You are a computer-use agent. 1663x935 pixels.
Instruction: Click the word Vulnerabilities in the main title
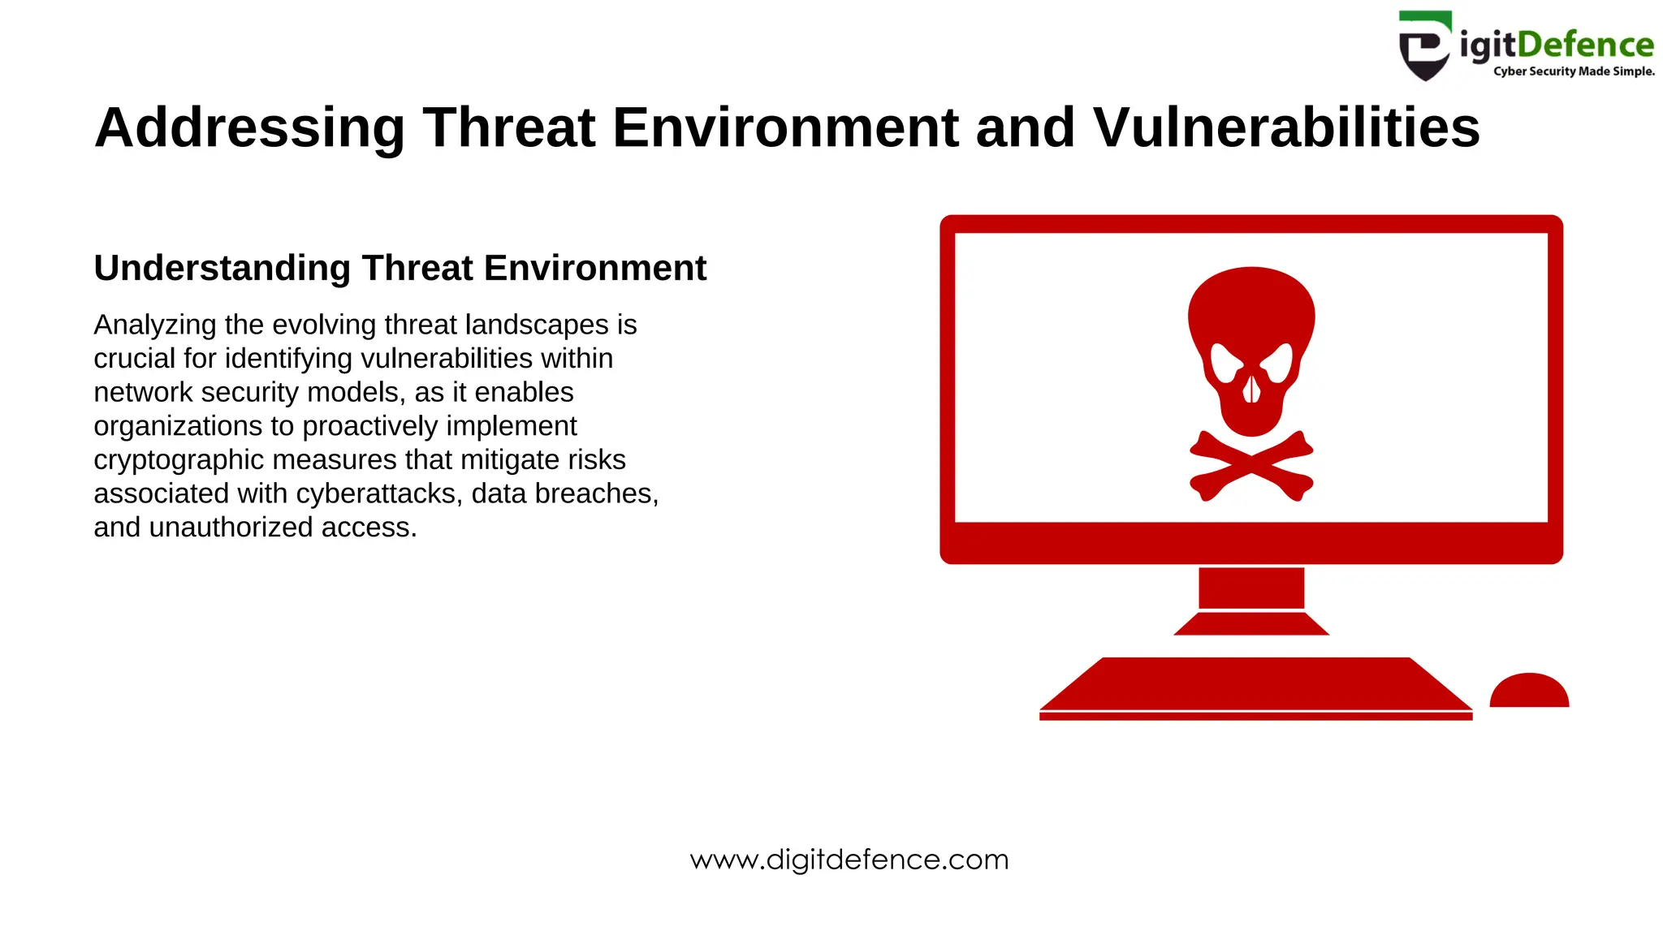pyautogui.click(x=1286, y=128)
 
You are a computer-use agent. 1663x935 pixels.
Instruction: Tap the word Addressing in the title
pyautogui.click(x=249, y=128)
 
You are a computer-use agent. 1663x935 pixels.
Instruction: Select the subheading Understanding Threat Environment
pyautogui.click(x=400, y=268)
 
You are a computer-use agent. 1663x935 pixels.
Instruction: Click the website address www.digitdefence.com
pyautogui.click(x=849, y=860)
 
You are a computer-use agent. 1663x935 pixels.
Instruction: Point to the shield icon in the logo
pyautogui.click(x=1423, y=46)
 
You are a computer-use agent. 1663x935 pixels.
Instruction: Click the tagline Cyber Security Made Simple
pyautogui.click(x=1573, y=71)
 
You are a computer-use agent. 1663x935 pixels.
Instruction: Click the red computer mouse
pyautogui.click(x=1529, y=691)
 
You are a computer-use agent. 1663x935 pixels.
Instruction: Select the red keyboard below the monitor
pyautogui.click(x=1255, y=685)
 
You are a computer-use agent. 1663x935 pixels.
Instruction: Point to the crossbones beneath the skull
pyautogui.click(x=1251, y=465)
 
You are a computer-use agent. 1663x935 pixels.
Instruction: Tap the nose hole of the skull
pyautogui.click(x=1251, y=389)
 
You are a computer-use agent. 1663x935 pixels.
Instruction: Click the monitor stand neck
pyautogui.click(x=1251, y=588)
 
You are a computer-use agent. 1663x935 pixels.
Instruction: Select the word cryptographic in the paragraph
pyautogui.click(x=179, y=460)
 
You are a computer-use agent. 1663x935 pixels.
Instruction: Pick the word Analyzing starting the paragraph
pyautogui.click(x=155, y=325)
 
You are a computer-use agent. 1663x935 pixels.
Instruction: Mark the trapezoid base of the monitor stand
pyautogui.click(x=1251, y=624)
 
